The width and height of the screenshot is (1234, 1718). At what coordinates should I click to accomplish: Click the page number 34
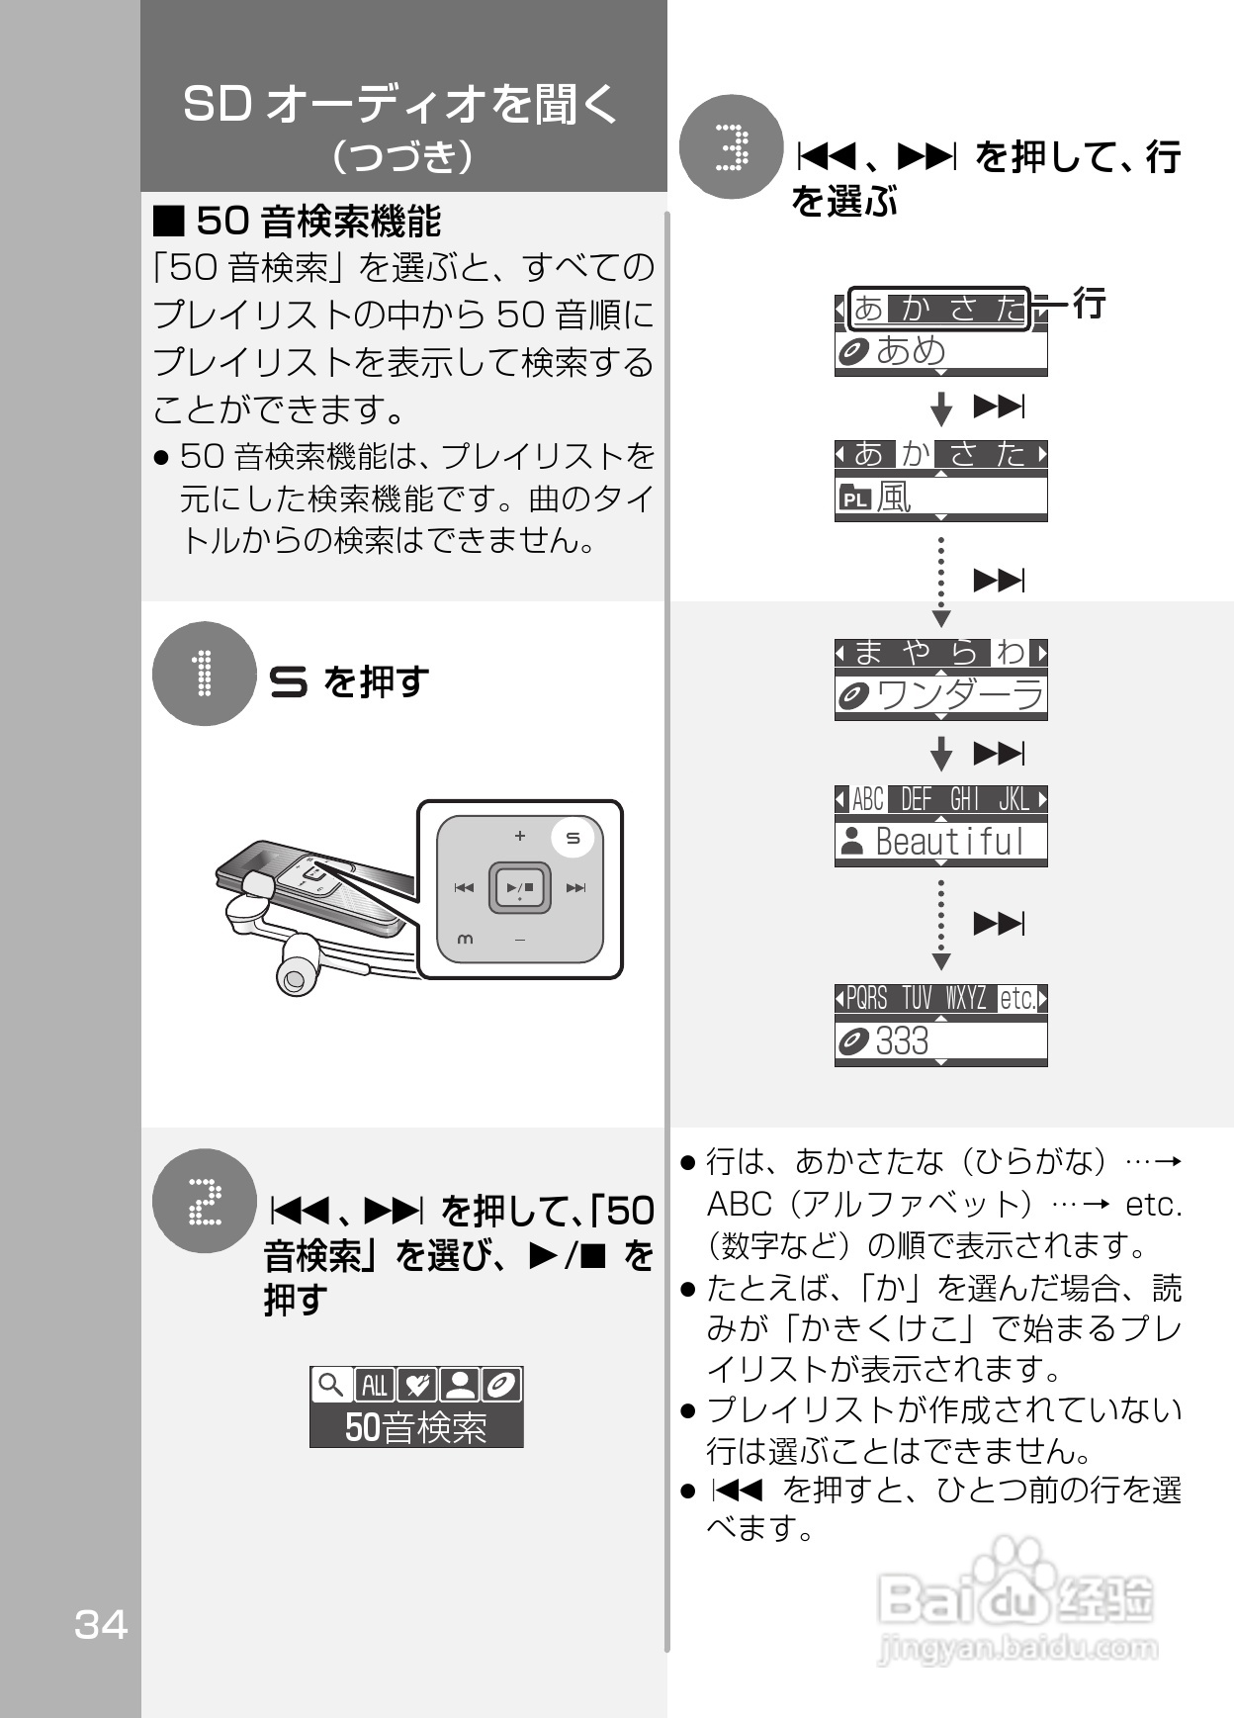[101, 1625]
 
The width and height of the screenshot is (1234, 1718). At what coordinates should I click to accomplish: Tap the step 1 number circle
[204, 674]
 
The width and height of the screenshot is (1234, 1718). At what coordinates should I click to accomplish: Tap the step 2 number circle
[204, 1201]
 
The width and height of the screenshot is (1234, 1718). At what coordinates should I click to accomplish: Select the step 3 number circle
[732, 147]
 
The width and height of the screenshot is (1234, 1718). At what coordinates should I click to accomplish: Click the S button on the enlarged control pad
[573, 838]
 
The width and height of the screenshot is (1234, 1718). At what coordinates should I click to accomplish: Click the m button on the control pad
[465, 939]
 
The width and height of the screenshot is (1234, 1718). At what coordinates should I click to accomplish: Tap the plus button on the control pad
[519, 836]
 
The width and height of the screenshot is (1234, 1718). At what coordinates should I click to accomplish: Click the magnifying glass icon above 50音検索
[331, 1385]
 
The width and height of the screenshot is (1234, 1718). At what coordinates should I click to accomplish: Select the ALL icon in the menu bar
[374, 1385]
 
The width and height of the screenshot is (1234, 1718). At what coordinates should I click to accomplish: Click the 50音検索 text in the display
[416, 1427]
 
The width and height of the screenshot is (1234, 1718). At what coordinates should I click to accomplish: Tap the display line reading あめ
[911, 351]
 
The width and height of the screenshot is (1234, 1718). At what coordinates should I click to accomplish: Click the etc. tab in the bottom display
[1017, 999]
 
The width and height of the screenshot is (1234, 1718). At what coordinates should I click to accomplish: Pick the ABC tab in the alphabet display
[867, 799]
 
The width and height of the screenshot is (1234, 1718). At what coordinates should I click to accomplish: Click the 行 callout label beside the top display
[1089, 303]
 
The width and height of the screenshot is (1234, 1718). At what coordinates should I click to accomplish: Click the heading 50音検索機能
[316, 221]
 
